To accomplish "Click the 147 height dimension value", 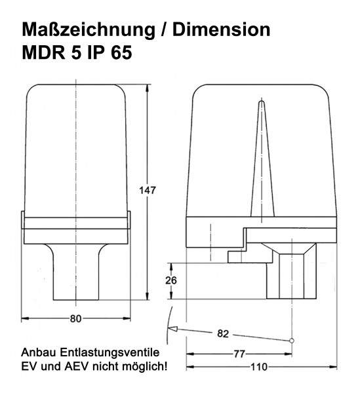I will pos(149,190).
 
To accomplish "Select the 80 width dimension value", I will pos(75,319).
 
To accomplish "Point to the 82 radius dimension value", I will pos(222,334).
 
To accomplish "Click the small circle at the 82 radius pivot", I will pos(291,340).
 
